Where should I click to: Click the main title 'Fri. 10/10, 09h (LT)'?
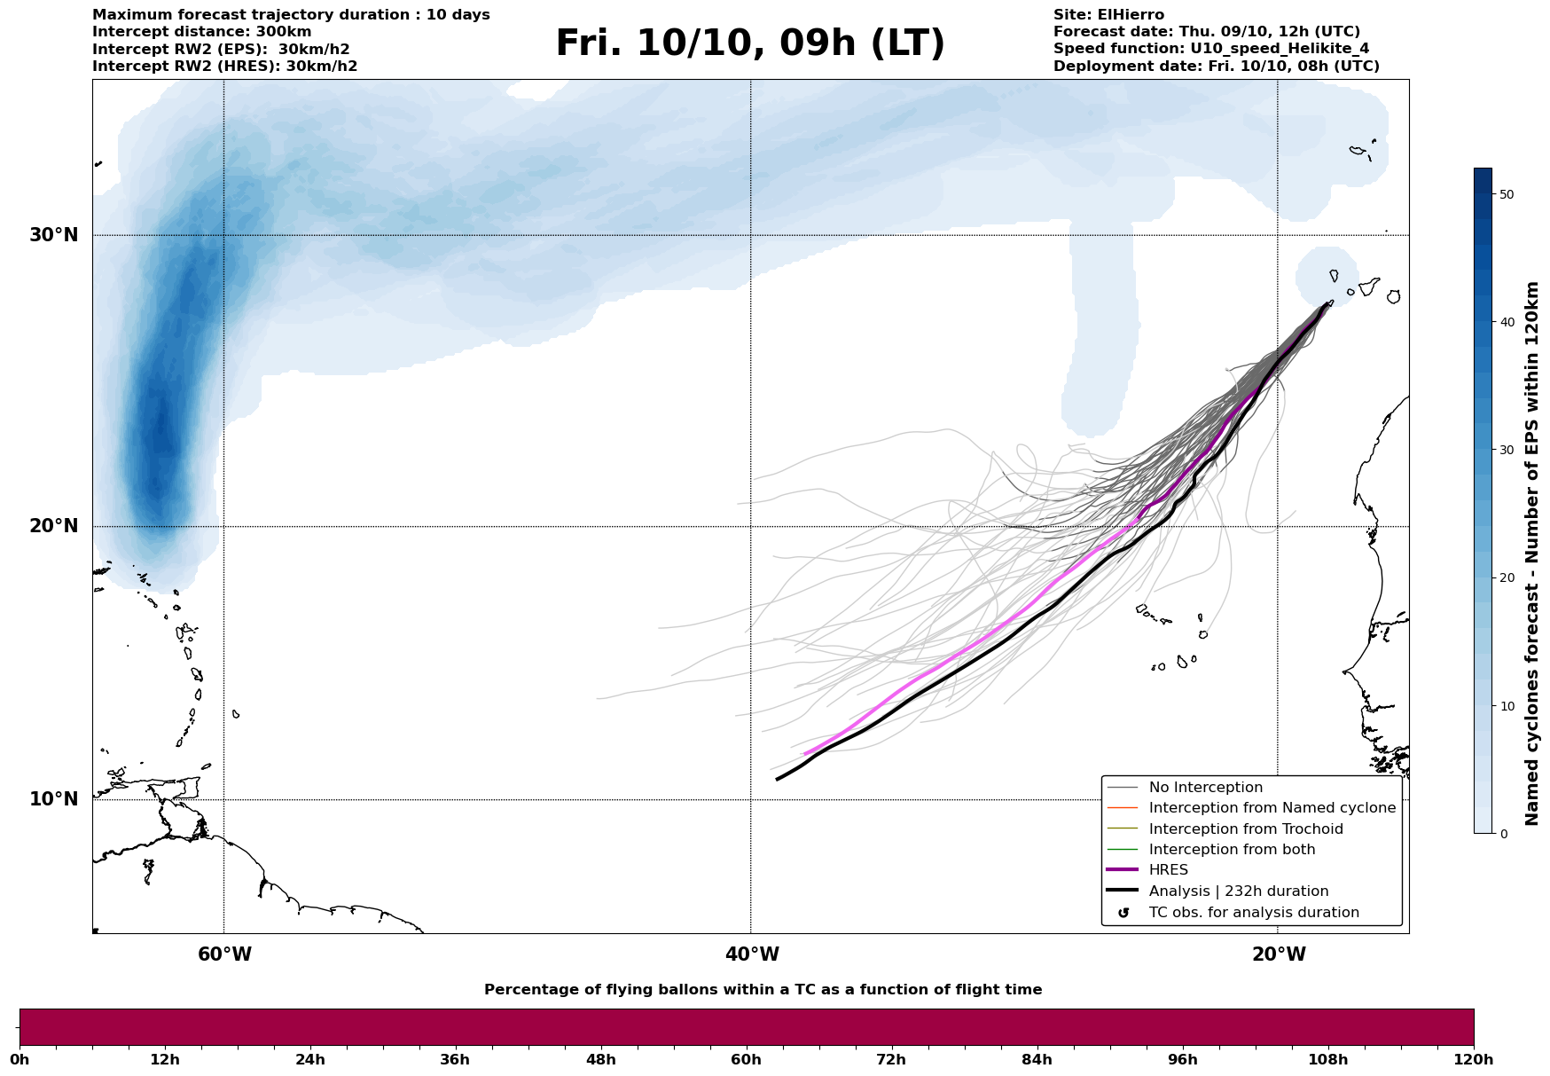750,43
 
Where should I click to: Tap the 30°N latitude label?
53,235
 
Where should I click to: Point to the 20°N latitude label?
53,526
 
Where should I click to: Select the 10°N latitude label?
53,799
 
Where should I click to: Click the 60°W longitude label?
224,954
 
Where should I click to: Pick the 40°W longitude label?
752,954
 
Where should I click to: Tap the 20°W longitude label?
1279,954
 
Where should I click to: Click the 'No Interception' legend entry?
1205,788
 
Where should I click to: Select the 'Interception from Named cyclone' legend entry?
1272,808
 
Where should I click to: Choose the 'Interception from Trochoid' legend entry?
1245,829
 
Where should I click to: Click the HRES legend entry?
1168,870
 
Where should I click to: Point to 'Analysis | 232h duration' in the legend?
1238,891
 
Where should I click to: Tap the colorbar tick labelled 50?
1506,194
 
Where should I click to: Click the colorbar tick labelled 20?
1506,578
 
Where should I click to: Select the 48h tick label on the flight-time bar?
600,1060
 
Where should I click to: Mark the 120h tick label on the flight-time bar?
1473,1060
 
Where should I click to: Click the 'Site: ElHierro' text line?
1108,15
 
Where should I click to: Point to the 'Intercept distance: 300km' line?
201,32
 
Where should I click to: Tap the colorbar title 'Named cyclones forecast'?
1531,554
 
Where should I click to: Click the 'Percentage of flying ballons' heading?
763,990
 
